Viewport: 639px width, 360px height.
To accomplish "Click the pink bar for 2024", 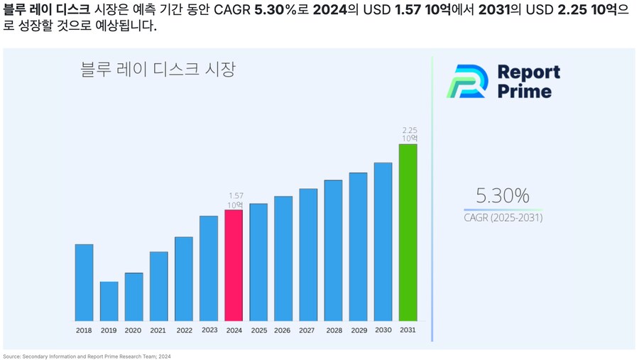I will tap(234, 266).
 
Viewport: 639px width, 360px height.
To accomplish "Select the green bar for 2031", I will tap(408, 232).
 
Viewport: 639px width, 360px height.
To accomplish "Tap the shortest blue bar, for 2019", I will tap(109, 301).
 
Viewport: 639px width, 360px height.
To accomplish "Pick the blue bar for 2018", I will tap(84, 283).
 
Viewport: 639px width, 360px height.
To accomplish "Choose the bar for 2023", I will tap(209, 268).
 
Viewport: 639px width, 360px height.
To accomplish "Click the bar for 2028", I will tap(333, 250).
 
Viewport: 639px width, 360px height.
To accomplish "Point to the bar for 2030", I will tap(383, 241).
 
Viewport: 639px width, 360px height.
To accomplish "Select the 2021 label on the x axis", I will tap(158, 331).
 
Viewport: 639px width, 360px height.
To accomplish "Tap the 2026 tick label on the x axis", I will tap(282, 331).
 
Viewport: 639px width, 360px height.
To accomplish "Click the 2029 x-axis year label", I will tap(359, 331).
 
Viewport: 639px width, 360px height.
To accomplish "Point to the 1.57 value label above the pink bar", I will tap(236, 196).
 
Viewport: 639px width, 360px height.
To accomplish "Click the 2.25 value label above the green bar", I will tap(410, 131).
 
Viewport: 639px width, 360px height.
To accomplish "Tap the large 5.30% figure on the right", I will tap(503, 195).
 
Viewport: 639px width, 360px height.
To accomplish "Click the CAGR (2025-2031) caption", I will tap(503, 218).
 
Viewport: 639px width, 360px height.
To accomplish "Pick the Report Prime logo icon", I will tap(466, 81).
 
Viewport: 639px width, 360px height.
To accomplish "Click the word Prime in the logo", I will tap(524, 91).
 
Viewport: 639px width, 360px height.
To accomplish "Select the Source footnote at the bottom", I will tap(87, 356).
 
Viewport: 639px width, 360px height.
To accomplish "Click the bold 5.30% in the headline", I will tap(275, 11).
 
